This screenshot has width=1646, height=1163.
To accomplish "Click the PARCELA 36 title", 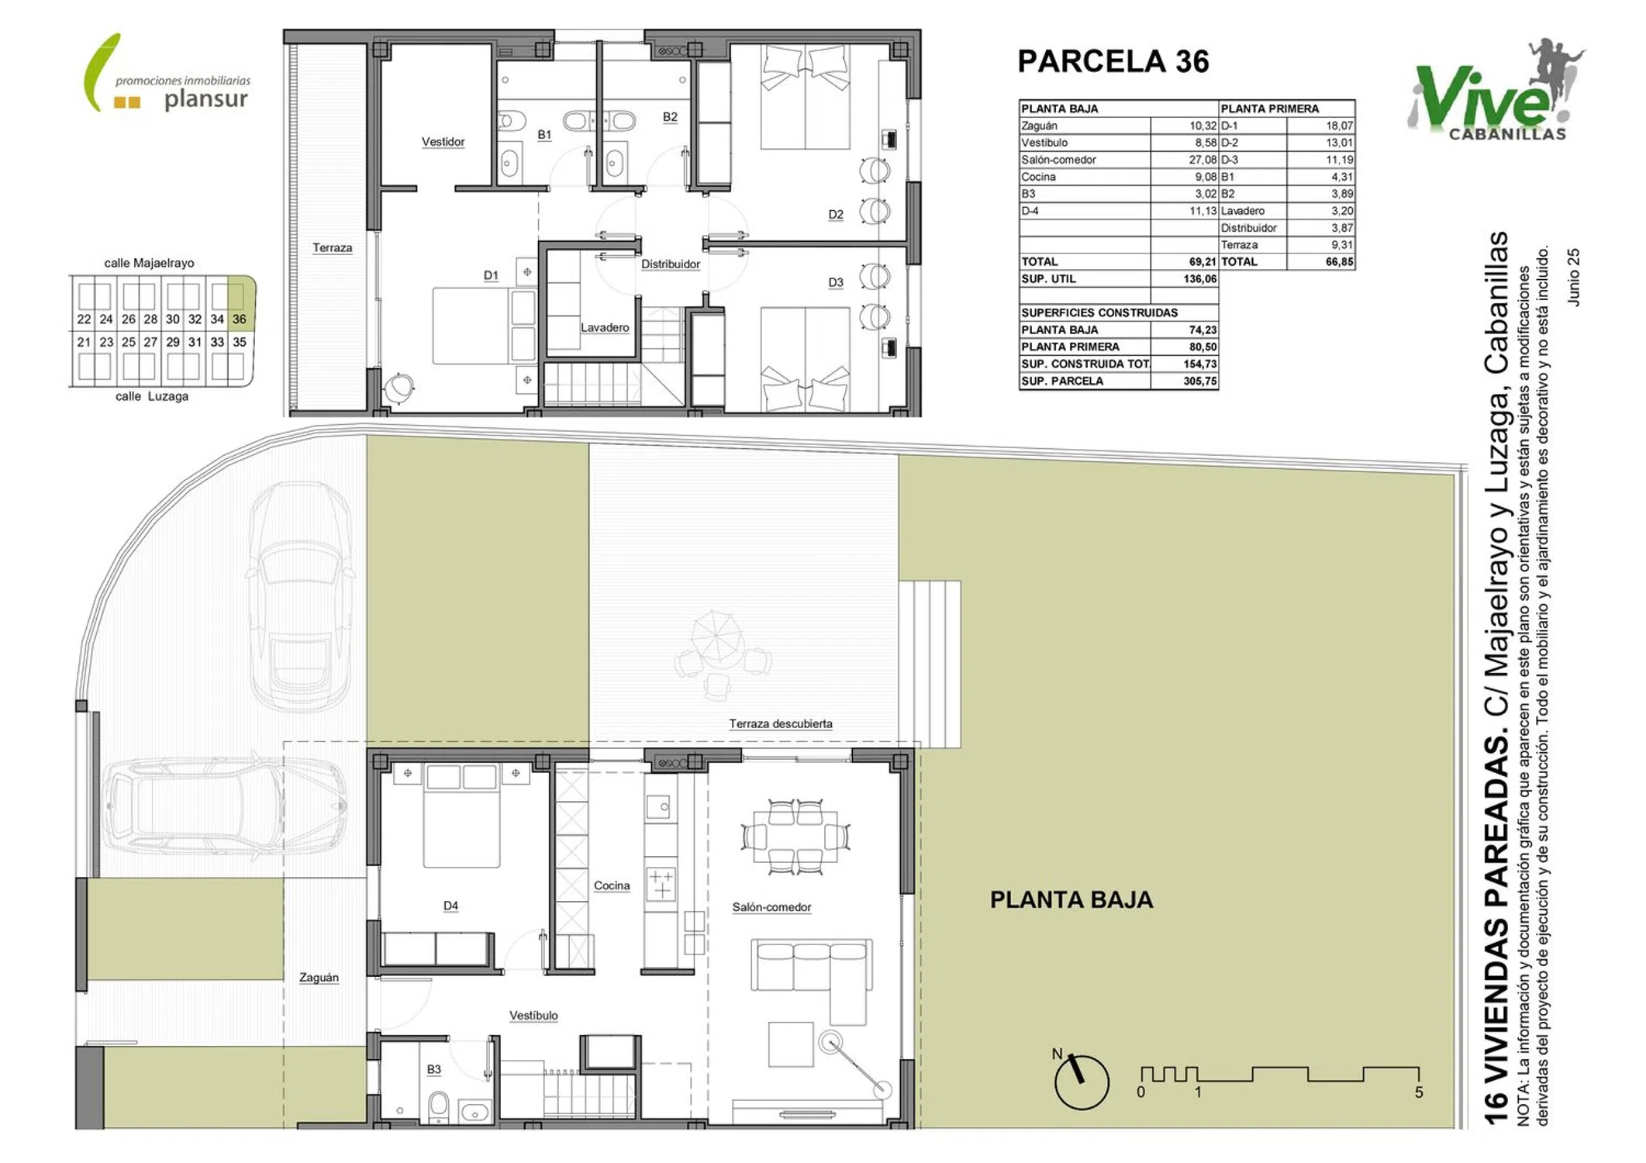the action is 1113,61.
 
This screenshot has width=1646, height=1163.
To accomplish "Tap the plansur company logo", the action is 167,74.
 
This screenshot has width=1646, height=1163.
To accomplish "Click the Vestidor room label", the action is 443,142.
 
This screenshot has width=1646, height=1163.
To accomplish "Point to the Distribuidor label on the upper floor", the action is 671,264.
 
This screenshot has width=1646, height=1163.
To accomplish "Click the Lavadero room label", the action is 605,328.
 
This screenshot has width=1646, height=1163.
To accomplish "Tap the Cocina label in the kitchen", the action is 612,885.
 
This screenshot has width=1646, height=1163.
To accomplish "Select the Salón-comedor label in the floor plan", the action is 771,907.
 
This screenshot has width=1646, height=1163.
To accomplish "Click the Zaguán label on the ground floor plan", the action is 319,978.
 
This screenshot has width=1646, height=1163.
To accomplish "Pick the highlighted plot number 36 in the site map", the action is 239,319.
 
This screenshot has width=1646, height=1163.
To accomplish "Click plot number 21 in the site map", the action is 84,342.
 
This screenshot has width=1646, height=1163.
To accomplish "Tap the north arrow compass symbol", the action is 1081,1079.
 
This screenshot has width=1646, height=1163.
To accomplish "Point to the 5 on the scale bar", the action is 1419,1092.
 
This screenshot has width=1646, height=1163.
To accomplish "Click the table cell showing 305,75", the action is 1200,381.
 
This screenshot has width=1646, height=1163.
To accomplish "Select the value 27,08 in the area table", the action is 1203,160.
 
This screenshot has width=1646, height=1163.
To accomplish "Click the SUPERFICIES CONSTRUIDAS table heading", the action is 1099,312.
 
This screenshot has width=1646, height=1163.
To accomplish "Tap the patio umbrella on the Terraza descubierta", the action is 717,637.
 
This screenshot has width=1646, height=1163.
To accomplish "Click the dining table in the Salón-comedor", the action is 795,837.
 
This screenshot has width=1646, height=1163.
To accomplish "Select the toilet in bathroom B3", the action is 439,1106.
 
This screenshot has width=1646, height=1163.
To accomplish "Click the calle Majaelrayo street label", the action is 150,264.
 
